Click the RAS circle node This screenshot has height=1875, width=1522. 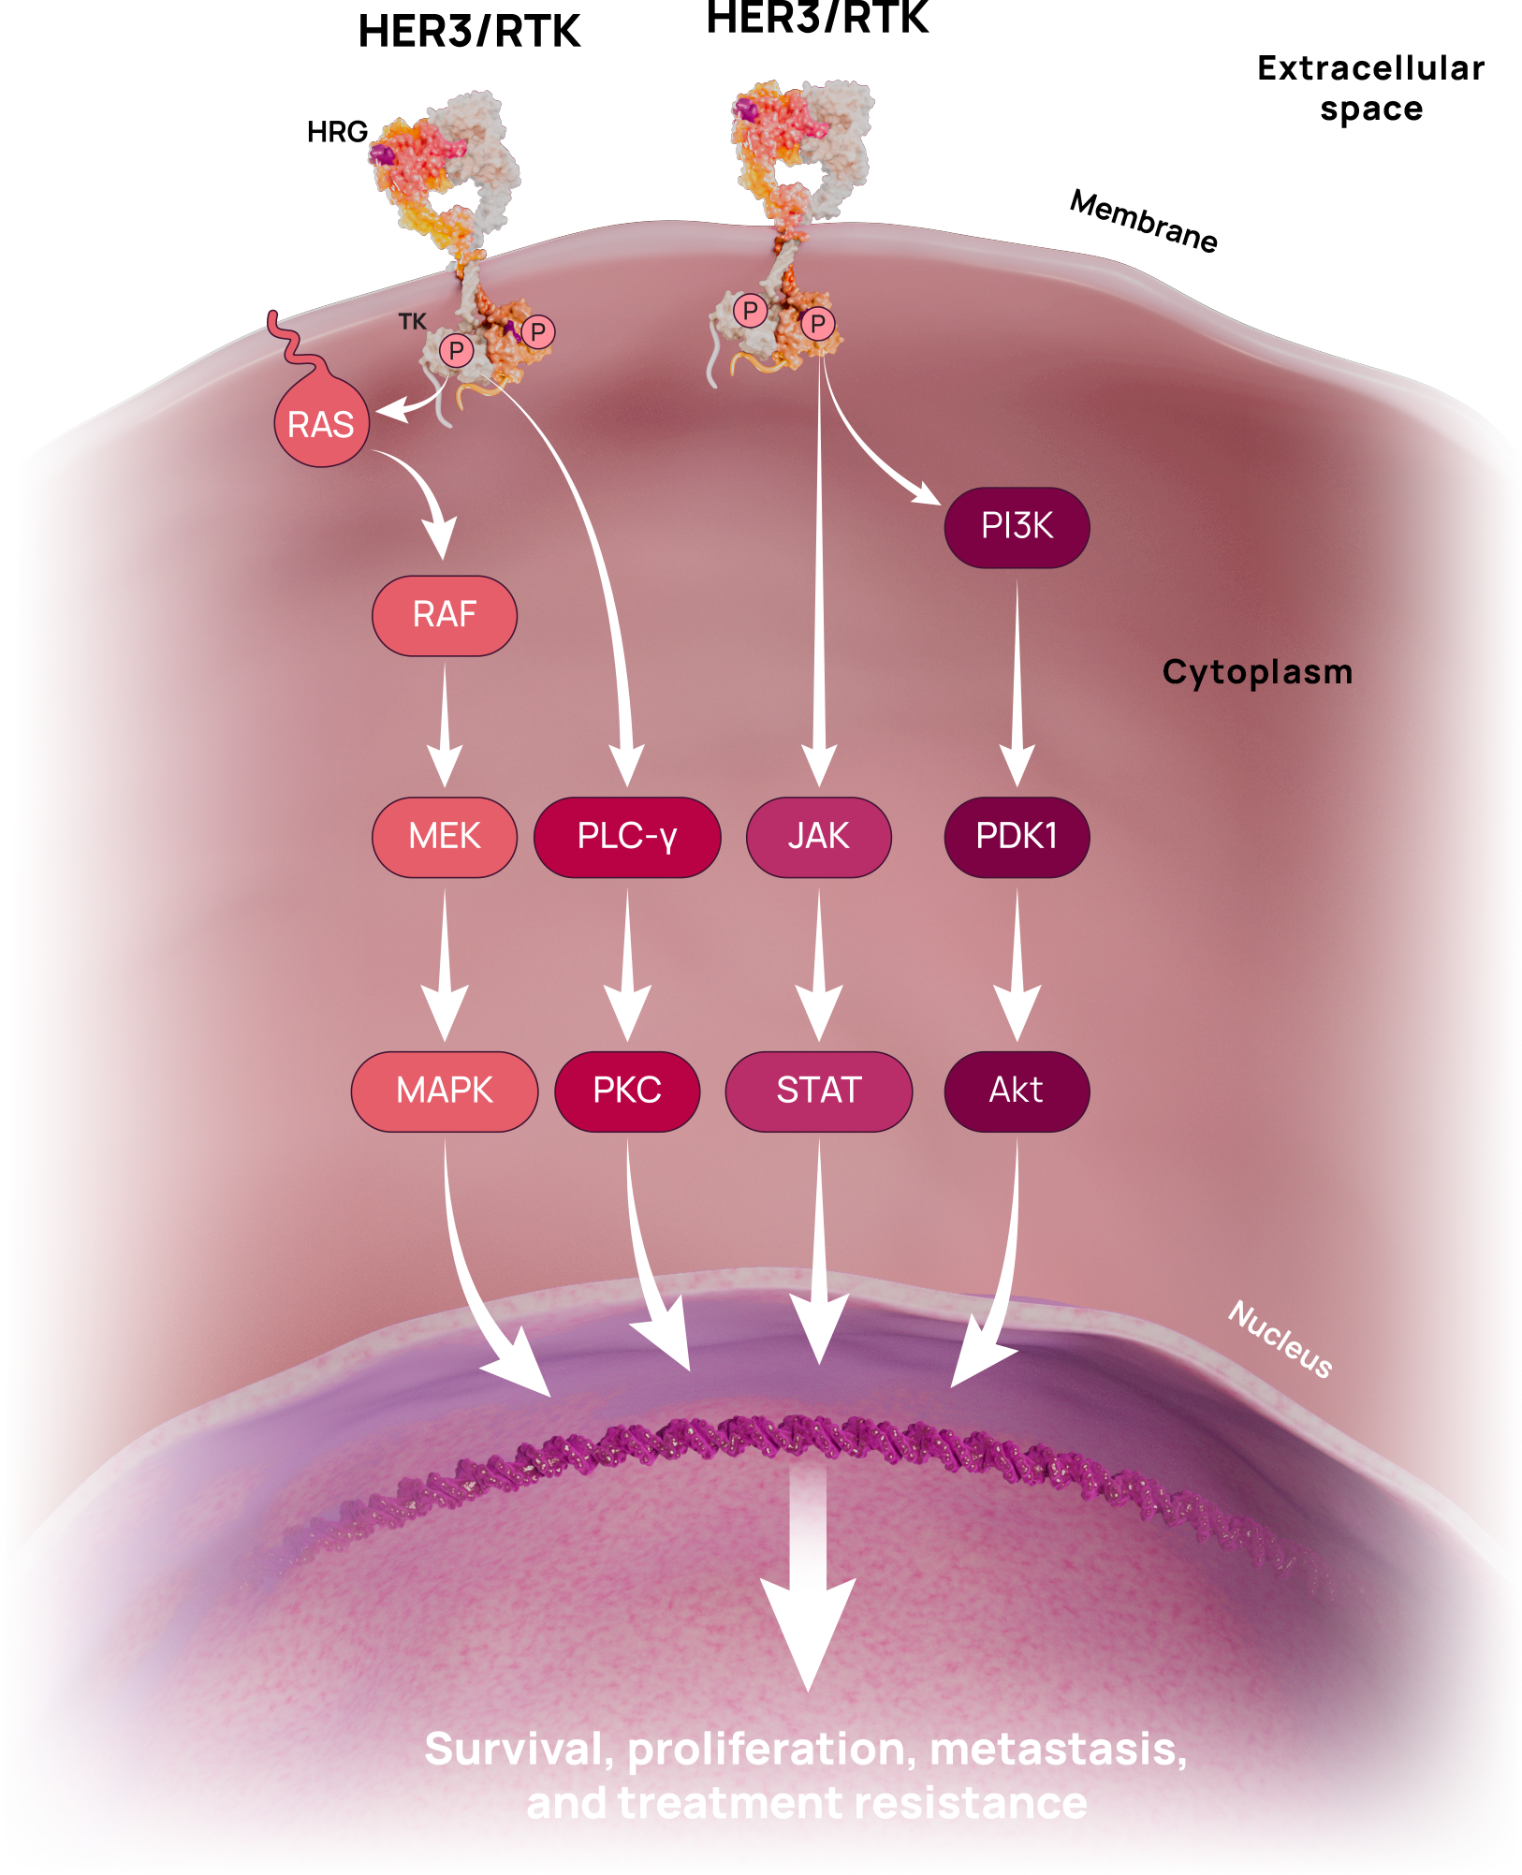(321, 424)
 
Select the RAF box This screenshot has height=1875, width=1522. (445, 615)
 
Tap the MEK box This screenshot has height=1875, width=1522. (445, 836)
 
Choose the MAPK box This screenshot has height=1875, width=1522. (445, 1091)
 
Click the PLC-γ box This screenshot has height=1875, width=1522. (627, 836)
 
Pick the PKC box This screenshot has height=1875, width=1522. (627, 1091)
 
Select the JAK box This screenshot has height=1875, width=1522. (819, 836)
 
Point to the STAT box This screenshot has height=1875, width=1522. (819, 1091)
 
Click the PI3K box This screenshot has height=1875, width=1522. (1017, 526)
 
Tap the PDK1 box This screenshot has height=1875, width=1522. (1017, 836)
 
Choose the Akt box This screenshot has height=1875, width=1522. (1017, 1091)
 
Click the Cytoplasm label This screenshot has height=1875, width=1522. (1257, 672)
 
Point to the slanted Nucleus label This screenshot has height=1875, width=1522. (1281, 1339)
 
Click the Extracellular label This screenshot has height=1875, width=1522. (1369, 67)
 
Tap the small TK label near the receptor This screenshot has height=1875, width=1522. (412, 322)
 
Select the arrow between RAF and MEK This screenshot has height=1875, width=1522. (445, 725)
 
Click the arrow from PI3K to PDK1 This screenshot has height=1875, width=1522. (1017, 683)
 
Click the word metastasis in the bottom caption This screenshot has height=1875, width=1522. (1058, 1749)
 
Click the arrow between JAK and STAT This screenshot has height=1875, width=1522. (819, 964)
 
